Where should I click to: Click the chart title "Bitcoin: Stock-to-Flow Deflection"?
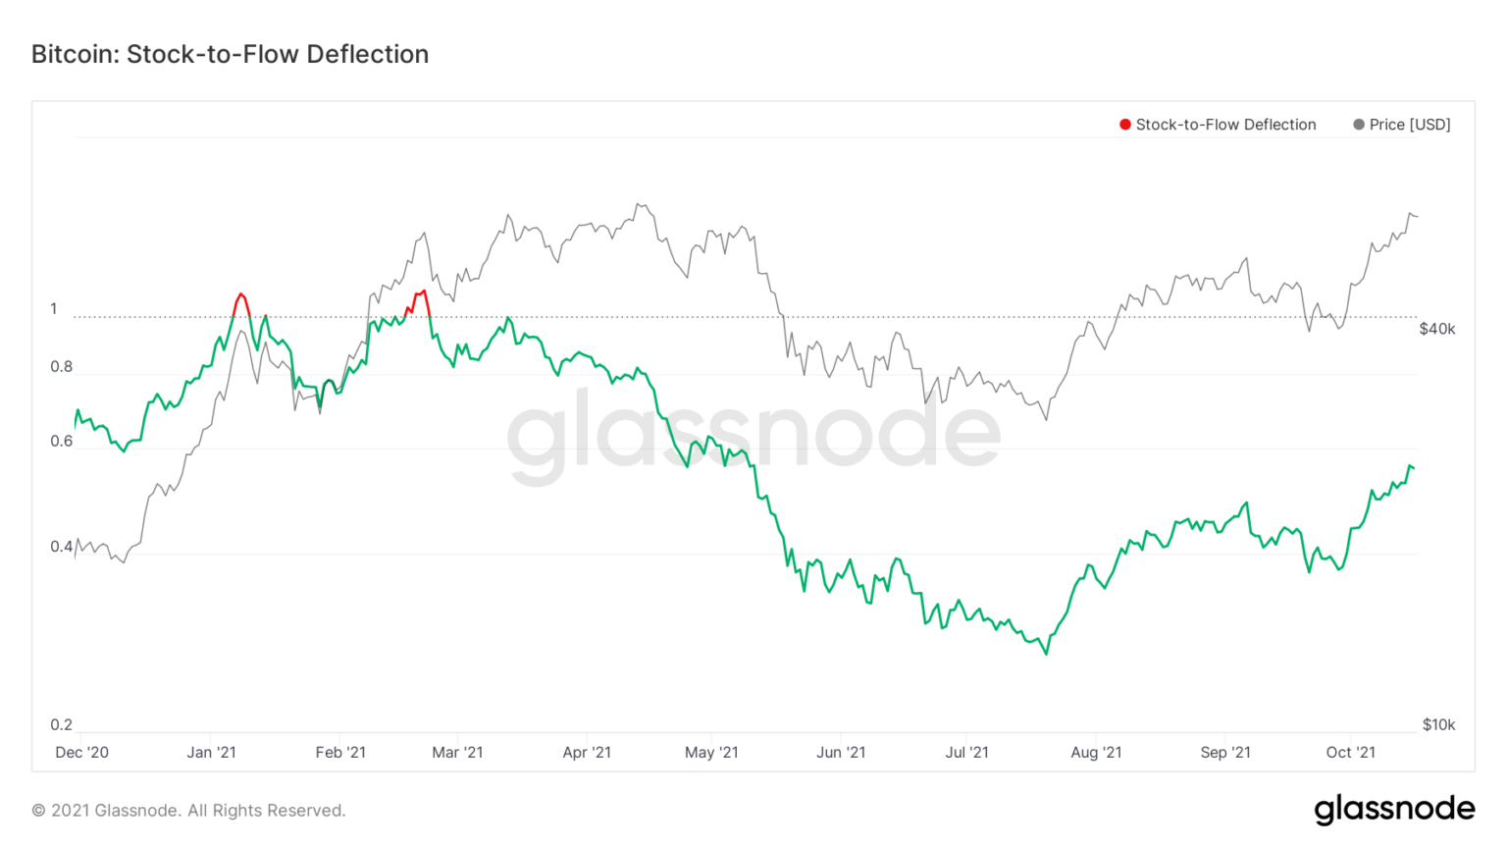[x=230, y=54]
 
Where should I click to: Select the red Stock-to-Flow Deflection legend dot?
[x=1125, y=125]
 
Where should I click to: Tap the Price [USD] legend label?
[x=1409, y=125]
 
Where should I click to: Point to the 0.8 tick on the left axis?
[x=62, y=367]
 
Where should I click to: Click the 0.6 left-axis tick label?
[x=62, y=442]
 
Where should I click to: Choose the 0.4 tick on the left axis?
[x=62, y=547]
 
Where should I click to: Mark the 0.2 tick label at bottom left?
[x=62, y=725]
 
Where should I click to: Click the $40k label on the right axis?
[x=1437, y=329]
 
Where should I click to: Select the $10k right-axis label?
[x=1438, y=725]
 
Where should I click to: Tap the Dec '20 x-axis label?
[x=82, y=753]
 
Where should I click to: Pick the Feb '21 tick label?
[x=340, y=753]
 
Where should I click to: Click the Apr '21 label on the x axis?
[x=587, y=753]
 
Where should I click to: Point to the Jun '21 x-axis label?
[x=841, y=753]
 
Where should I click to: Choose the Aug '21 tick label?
[x=1096, y=753]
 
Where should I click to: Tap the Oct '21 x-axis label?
[x=1351, y=753]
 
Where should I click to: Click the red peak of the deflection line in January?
[x=241, y=293]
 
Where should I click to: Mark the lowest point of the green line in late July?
[x=1047, y=654]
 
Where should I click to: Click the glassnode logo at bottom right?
[x=1394, y=809]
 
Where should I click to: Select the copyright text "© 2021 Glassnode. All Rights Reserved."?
[x=188, y=811]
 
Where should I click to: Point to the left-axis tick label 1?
[x=54, y=309]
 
